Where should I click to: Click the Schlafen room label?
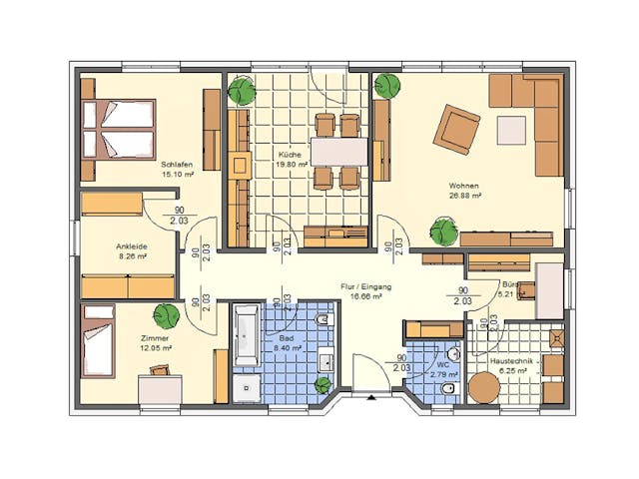coord(176,163)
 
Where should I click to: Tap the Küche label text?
coord(290,156)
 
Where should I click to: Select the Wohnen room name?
coord(464,186)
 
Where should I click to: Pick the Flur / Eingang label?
coord(365,286)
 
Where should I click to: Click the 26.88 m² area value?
coord(465,197)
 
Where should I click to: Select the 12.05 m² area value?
coord(157,350)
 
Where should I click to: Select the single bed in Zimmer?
coord(98,340)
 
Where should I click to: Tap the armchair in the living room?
coord(456,128)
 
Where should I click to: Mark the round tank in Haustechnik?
coord(484,387)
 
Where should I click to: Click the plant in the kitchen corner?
coord(241,91)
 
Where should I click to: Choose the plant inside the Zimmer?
coord(167,314)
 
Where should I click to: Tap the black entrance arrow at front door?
coord(371,396)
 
